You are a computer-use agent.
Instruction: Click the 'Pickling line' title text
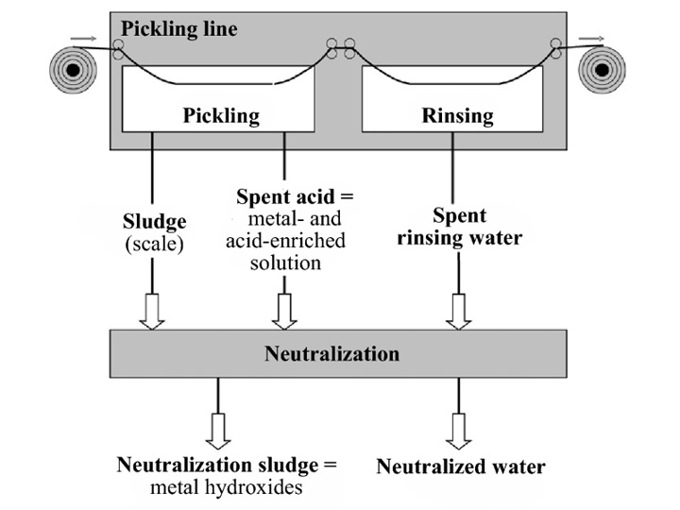click(x=179, y=28)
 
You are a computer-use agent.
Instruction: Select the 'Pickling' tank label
click(x=220, y=116)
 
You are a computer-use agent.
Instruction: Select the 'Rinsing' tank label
click(x=457, y=116)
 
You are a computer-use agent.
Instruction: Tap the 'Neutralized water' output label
click(x=460, y=466)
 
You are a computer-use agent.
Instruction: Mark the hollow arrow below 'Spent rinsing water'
click(x=459, y=311)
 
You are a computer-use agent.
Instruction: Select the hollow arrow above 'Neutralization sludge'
click(x=218, y=430)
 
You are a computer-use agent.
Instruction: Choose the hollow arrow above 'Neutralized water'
click(x=459, y=430)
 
